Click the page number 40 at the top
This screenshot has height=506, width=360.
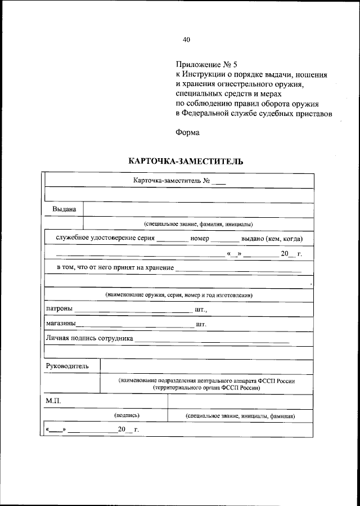point(187,39)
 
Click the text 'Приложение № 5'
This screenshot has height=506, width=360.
point(202,65)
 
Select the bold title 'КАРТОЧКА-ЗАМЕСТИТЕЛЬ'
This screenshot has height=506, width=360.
point(186,162)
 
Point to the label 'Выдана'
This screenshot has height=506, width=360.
point(64,209)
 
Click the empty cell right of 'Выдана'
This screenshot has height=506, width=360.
point(197,209)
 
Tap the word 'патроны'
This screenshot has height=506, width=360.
point(58,309)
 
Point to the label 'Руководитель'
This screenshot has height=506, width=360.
point(67,366)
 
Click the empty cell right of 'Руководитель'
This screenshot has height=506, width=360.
point(206,366)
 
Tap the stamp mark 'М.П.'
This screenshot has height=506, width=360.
point(53,401)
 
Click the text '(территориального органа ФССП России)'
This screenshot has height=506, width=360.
point(206,388)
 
